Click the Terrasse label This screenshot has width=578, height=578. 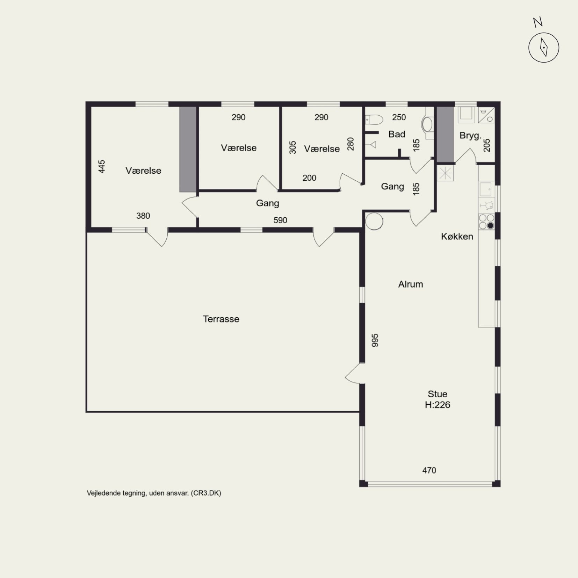pos(221,319)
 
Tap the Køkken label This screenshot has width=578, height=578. pos(457,237)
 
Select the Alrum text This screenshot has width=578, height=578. pos(411,284)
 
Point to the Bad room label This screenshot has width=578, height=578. pos(397,134)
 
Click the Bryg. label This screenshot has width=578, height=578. pos(470,136)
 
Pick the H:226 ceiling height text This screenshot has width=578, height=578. pos(438,405)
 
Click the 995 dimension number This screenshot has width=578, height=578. pos(375,340)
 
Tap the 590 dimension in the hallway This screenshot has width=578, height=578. pos(280,220)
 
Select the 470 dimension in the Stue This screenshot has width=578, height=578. pos(429,470)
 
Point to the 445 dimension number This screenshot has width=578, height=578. pos(102,166)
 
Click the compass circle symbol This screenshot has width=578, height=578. pos(544,48)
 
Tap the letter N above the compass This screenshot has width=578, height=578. pos(538,22)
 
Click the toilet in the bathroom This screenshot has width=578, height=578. pos(374,120)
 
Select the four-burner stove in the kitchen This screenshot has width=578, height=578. pos(486,222)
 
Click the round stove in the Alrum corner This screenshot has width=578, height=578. pos(374,221)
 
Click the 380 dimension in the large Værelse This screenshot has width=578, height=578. pos(143,216)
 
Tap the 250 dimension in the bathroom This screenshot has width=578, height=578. pos(399,117)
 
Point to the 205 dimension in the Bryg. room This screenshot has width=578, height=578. pos(487,145)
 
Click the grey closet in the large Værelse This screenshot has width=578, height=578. pos(188,149)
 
